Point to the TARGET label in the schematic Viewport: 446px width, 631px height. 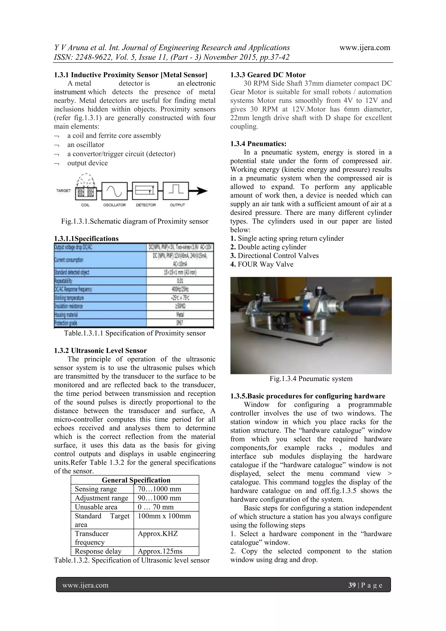63,190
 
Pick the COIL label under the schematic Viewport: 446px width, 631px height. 85,205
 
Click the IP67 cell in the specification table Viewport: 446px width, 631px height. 180,323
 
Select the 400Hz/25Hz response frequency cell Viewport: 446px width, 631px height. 180,289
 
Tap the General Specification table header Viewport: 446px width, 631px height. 136,480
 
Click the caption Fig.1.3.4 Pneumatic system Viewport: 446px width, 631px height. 311,379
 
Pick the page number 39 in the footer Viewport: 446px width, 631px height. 352,585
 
